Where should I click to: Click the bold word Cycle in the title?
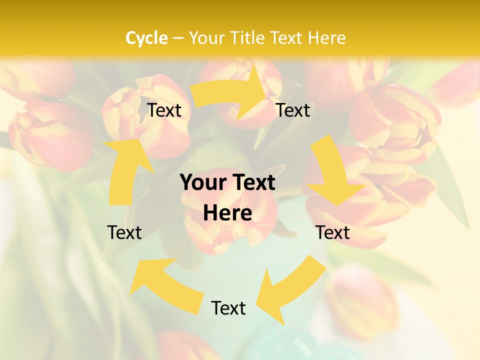(146, 38)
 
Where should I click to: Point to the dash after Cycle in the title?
(178, 38)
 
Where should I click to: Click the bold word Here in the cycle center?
(227, 213)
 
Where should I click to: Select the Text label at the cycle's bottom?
(228, 308)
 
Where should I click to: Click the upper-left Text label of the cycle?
(164, 110)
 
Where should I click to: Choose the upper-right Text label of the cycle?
(293, 110)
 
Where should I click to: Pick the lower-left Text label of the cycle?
(124, 232)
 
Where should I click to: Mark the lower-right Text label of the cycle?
(332, 232)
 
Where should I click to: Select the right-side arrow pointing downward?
(332, 175)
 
